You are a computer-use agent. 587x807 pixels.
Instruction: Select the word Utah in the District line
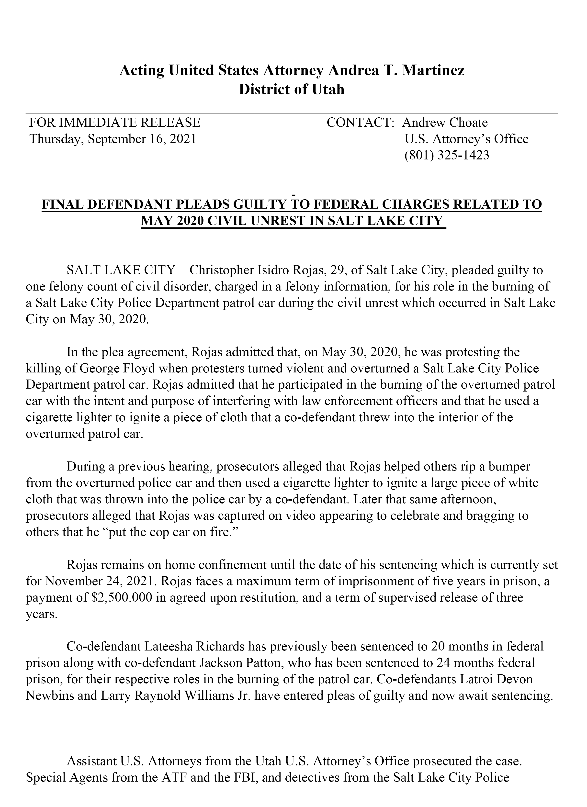click(328, 89)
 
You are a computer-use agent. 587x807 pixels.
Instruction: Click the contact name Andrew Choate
click(445, 123)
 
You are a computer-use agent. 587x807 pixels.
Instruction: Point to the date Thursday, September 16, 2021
click(113, 139)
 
